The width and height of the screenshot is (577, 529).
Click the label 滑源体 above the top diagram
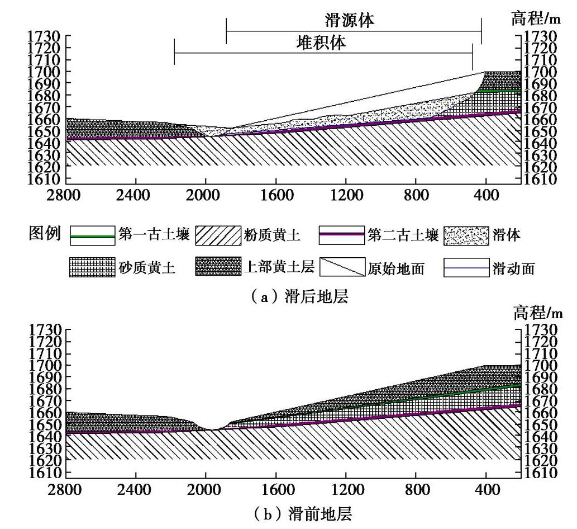coord(350,21)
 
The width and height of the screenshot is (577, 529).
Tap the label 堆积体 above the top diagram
coord(321,44)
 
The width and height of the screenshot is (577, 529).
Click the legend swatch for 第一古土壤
coord(92,237)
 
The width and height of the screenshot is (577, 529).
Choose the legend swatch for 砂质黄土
coord(92,268)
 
